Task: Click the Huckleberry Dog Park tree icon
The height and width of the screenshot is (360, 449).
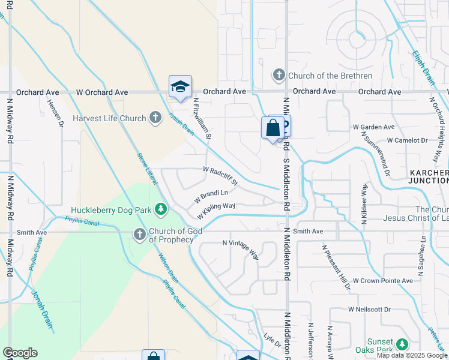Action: [x=161, y=209]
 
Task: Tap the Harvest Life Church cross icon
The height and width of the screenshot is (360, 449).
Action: [x=155, y=118]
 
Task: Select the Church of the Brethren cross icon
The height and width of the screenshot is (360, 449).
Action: [x=279, y=76]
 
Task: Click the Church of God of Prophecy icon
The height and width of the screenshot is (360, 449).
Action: [x=140, y=235]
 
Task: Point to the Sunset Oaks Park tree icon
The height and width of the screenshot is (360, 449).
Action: [x=402, y=344]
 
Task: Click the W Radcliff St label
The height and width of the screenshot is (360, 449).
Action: [x=221, y=176]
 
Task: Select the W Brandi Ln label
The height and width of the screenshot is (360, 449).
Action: [x=211, y=196]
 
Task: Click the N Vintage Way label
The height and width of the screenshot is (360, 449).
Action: [x=241, y=249]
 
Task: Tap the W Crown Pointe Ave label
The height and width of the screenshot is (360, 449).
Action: [x=382, y=280]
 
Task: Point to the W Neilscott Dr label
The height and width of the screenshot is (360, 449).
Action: [x=369, y=310]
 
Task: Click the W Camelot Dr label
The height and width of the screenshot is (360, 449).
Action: [x=407, y=140]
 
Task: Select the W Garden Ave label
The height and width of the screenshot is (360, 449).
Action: [x=373, y=127]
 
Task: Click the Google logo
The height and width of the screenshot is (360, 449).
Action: [x=20, y=353]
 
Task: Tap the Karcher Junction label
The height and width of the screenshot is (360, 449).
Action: [x=429, y=176]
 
